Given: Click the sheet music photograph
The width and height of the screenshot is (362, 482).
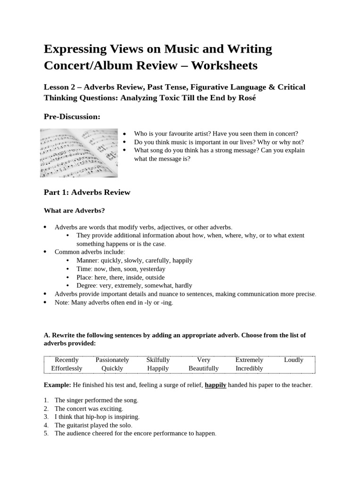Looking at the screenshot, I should coord(79,153).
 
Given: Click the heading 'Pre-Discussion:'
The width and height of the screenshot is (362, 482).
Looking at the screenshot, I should coord(72,116).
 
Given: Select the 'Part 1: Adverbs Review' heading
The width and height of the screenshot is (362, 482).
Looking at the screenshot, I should coord(87,192).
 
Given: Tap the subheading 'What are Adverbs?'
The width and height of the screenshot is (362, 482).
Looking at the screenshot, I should coord(74,210).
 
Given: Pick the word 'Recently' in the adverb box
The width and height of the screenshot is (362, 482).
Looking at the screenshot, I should coord(67,360).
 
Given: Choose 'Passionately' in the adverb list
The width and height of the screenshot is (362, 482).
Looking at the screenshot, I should coord(112,360).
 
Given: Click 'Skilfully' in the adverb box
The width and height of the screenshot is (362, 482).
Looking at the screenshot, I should coord(158,360).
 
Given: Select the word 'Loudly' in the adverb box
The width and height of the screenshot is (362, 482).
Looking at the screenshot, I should coord(294,360).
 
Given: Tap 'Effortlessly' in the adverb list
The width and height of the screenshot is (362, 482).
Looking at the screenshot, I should coord(66,368).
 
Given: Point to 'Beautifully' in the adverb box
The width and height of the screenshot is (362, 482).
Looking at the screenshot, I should coord(204,368).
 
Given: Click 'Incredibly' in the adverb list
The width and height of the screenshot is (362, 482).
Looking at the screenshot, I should coord(249,368).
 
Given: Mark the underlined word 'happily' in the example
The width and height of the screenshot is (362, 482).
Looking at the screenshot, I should coord(215,385).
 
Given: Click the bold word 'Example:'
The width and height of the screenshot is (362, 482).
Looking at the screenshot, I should coord(57,385).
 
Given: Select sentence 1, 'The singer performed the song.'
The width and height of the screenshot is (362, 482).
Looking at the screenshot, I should coord(96,400).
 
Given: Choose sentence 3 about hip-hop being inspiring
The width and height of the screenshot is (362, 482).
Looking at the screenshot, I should coord(97,417).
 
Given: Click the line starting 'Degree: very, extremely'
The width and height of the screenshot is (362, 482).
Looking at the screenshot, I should coord(134,285).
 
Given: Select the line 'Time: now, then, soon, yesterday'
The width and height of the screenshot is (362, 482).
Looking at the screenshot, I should coord(121,269).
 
